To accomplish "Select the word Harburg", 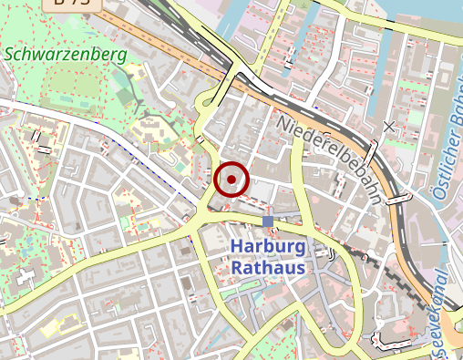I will (x=267, y=247).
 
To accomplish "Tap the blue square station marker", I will (x=267, y=221).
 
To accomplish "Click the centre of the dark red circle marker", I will (x=232, y=179).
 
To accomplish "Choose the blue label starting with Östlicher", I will (x=446, y=155).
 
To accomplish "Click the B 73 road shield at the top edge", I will (x=72, y=4).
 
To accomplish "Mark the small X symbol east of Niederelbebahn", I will (x=390, y=127).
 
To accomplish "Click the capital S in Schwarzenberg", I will (x=10, y=54).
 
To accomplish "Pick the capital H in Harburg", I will (x=237, y=247).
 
